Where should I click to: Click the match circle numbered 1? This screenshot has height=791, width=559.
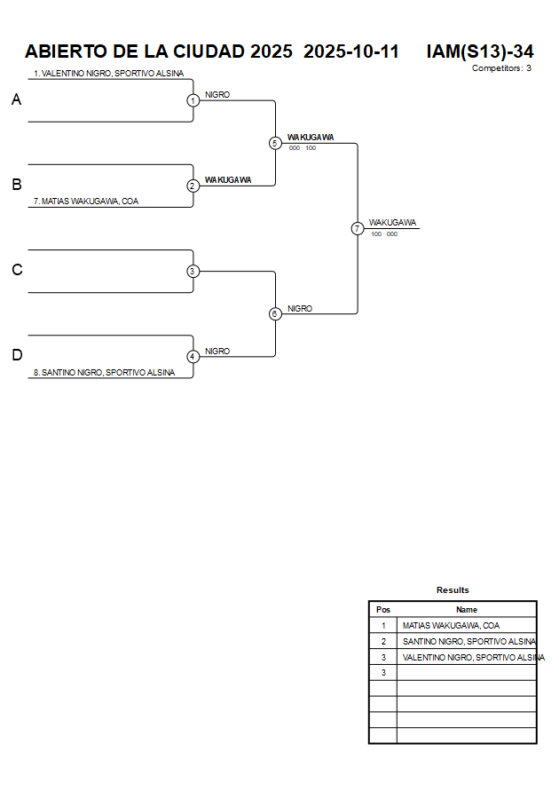pos(193,100)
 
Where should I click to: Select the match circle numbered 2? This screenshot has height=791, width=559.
pos(193,186)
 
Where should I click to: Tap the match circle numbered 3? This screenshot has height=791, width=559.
pos(193,271)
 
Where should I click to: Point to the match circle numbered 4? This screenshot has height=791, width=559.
pos(193,356)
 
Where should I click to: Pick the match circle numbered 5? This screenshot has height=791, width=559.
pos(275,143)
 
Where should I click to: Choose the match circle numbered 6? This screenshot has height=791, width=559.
pos(275,313)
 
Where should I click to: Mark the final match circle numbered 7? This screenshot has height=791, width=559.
pos(358,228)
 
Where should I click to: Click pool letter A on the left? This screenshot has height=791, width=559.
pos(16,100)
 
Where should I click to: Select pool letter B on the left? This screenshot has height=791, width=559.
pos(16,185)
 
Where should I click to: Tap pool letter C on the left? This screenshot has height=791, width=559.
pos(16,270)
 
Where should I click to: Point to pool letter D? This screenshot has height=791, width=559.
pos(16,355)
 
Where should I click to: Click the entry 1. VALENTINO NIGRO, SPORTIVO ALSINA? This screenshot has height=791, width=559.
pos(108,74)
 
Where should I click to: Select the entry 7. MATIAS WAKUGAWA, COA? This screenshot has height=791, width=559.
pos(86,202)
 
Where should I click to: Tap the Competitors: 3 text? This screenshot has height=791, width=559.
pos(501,68)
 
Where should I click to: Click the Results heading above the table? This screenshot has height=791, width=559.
pos(453,589)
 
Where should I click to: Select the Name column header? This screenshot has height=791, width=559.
pos(467,610)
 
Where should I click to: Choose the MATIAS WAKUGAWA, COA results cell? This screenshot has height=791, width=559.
pos(451,625)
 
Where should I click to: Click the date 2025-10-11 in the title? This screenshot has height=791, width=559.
pos(351,51)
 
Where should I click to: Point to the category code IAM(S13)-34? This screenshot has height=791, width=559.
pos(479,51)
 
